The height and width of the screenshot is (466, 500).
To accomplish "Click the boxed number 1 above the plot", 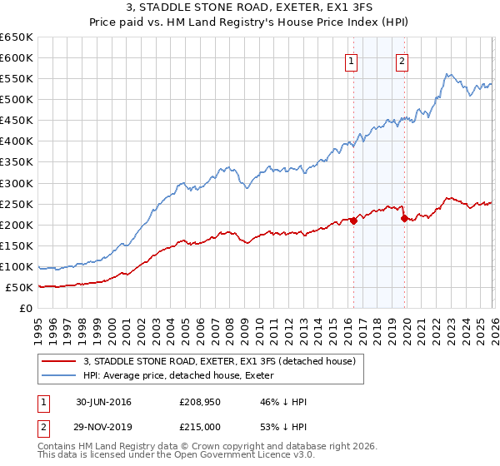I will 351,60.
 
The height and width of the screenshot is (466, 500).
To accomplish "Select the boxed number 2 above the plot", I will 402,60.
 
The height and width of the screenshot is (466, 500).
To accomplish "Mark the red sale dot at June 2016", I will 353,221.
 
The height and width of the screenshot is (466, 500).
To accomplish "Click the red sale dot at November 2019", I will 404,219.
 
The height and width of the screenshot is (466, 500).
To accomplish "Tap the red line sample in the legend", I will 60,361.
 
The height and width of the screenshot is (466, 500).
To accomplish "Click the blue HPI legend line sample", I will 60,375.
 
